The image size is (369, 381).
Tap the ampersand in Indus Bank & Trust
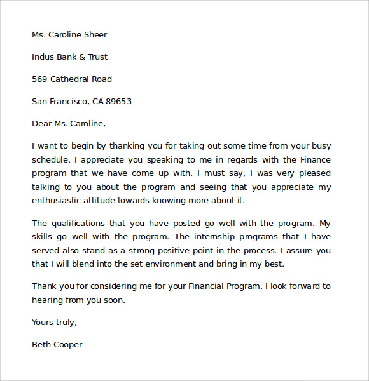coord(81,57)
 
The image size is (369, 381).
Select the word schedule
coord(50,160)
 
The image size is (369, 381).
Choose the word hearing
coord(48,300)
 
